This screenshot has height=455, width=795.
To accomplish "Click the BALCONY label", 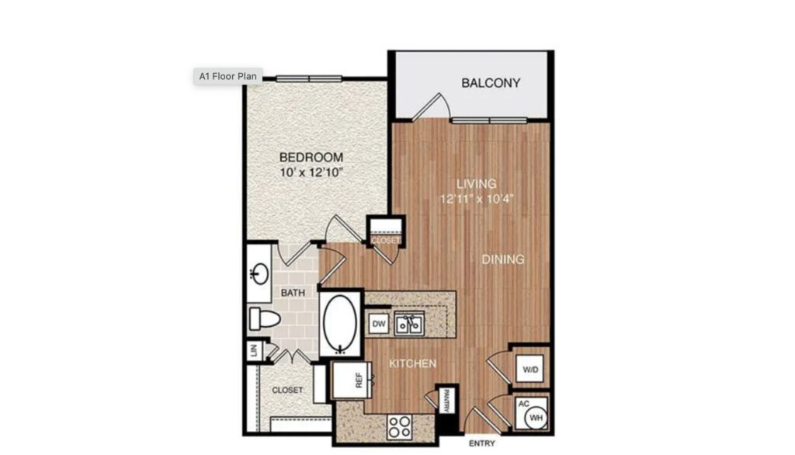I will point(490,83).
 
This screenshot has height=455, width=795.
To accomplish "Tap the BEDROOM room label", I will point(311,158).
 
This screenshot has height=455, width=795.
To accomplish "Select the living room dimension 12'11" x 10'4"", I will point(475,198).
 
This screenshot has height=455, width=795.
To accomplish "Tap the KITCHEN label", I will point(412,363).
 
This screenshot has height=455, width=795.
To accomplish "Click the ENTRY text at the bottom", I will point(483,444).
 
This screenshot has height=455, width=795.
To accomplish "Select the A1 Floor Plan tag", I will point(227,76).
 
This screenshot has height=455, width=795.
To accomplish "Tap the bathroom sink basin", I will point(259,273).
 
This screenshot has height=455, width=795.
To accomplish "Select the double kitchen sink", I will point(409,324).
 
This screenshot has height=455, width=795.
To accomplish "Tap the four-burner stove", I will point(400,426).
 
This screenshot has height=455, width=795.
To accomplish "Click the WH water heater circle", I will point(535,417).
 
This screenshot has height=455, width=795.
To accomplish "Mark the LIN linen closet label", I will point(254,351).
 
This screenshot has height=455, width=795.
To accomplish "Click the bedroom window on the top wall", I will point(309,78).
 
